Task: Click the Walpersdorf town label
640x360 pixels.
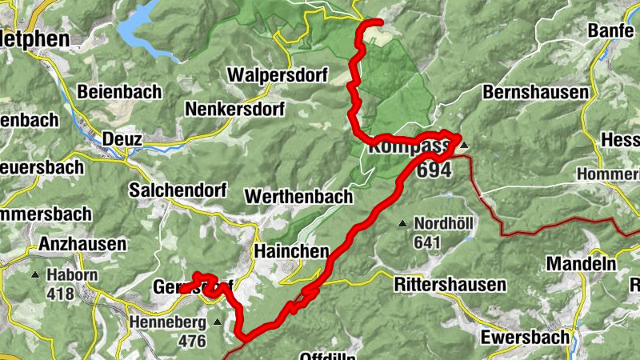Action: (278, 75)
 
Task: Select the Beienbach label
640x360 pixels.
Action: (119, 91)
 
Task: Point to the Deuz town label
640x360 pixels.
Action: (123, 140)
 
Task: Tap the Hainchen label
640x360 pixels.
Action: (291, 251)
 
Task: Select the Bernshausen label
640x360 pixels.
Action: (535, 92)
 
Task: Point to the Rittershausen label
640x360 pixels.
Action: (450, 284)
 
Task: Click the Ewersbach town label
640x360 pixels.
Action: (525, 337)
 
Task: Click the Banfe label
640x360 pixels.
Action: (610, 31)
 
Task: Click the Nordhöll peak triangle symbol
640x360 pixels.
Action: (403, 223)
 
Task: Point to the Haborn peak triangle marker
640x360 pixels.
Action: (36, 275)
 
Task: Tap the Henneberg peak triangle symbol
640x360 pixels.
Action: (218, 322)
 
